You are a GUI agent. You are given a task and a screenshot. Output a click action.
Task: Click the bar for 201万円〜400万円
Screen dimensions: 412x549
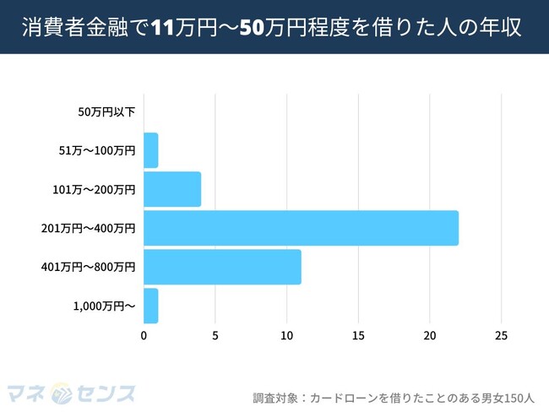coord(301,228)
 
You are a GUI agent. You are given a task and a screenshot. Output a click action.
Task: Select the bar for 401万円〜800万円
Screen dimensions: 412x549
coord(222,267)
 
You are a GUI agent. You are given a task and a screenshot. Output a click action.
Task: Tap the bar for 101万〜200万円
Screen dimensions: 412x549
coord(172,189)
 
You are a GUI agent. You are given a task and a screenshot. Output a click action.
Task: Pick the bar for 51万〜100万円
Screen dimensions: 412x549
coord(151,150)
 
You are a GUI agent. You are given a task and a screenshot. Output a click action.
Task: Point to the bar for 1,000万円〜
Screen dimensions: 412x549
coord(151,306)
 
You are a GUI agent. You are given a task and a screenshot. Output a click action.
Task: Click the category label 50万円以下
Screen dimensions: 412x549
coord(106,111)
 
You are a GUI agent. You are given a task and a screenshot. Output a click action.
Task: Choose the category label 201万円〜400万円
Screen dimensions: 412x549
coord(88,228)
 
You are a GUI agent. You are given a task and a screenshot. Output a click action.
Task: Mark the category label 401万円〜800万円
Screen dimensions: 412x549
coord(88,267)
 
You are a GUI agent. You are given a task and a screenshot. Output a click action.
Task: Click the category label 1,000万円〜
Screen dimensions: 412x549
coord(105,306)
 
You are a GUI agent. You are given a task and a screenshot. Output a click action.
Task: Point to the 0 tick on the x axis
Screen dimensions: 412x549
coord(144,335)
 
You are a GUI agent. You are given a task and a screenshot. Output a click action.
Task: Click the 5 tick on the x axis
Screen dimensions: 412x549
coord(215,335)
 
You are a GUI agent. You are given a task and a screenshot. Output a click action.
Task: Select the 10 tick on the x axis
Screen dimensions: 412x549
coord(286,335)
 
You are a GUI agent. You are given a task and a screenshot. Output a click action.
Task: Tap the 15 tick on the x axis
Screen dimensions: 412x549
coord(358,335)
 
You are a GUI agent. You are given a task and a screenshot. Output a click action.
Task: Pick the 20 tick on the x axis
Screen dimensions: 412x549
coord(430,335)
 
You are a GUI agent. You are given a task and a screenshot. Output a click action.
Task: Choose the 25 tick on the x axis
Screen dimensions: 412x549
coord(501,335)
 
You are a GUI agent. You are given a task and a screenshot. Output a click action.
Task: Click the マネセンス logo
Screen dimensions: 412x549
coord(71,393)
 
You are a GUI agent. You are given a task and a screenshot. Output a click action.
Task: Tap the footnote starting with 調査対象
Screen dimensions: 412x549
coord(394,396)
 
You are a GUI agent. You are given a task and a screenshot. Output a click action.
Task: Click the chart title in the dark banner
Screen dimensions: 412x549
coord(274,28)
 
